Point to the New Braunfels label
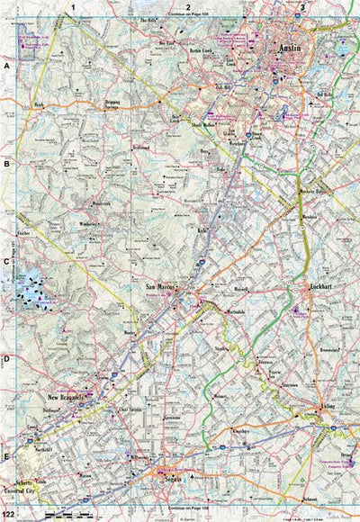point(66,396)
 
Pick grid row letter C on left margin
point(6,263)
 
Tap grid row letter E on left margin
point(6,457)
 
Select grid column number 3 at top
point(302,6)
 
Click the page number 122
point(8,513)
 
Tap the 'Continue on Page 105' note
point(187,15)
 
